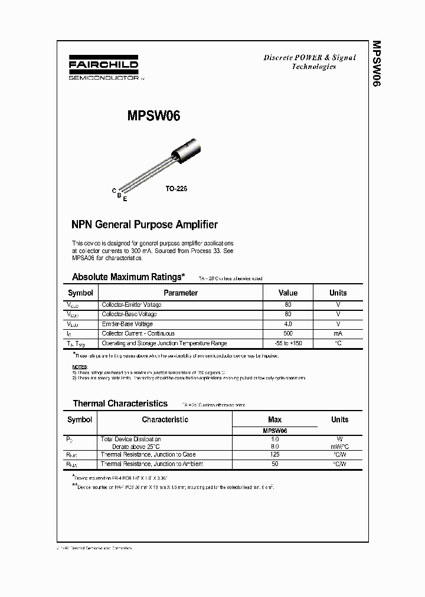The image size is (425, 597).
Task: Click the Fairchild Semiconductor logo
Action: [103, 69]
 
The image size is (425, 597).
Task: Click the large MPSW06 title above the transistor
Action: [153, 116]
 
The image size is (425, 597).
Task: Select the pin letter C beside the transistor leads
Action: [114, 190]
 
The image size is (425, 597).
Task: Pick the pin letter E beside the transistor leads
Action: [125, 199]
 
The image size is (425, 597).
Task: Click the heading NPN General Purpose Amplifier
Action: [145, 225]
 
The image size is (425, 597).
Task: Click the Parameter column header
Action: [180, 293]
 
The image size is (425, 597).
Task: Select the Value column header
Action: [288, 293]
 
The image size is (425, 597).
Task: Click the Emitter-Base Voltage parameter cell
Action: [127, 324]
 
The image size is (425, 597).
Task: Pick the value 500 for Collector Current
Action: [288, 333]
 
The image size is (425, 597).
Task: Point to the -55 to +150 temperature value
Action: [288, 343]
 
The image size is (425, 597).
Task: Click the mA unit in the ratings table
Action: [338, 333]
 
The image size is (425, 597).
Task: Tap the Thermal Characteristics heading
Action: [120, 404]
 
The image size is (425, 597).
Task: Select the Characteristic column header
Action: [165, 419]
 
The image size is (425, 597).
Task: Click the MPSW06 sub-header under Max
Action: [275, 431]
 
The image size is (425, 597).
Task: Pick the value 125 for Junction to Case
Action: [275, 454]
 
